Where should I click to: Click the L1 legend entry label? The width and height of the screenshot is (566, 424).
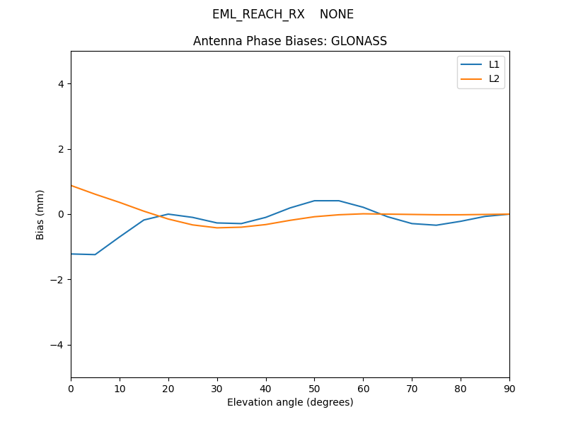[x=494, y=64]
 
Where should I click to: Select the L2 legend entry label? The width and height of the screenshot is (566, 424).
[x=494, y=78]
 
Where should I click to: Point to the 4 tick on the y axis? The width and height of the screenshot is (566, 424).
[x=61, y=84]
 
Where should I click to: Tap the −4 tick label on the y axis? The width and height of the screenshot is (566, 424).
[x=58, y=345]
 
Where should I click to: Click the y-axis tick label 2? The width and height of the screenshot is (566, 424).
[x=61, y=149]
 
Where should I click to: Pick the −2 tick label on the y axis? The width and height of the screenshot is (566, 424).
[x=58, y=280]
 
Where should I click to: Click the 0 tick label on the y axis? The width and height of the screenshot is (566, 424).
[x=61, y=214]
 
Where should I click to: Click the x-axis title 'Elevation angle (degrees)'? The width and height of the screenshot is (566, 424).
[x=290, y=402]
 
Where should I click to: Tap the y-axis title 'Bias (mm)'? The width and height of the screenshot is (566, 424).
[x=40, y=214]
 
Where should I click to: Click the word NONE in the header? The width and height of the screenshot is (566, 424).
[x=337, y=14]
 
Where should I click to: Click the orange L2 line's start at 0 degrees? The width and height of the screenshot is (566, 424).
[x=71, y=186]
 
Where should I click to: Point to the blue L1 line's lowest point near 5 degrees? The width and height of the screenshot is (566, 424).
[x=95, y=254]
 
